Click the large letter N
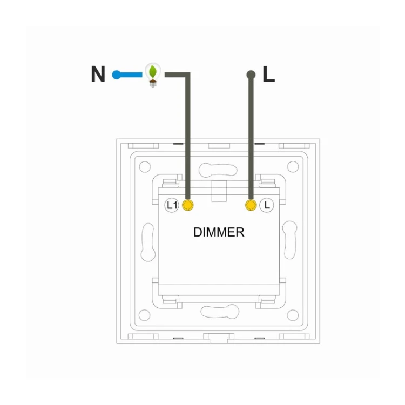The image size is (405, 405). (x=98, y=74)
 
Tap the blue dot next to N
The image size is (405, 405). (x=116, y=75)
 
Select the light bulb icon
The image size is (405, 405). (x=153, y=75)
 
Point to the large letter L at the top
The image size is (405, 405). (x=268, y=74)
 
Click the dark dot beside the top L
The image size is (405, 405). (x=251, y=75)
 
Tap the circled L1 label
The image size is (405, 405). (x=172, y=205)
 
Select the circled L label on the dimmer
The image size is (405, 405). (x=267, y=205)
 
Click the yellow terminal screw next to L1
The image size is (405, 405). (x=188, y=205)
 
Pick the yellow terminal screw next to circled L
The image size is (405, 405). (x=251, y=205)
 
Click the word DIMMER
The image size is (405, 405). (x=219, y=232)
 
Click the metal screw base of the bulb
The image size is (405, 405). (x=153, y=84)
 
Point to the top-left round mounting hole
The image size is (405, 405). (x=145, y=167)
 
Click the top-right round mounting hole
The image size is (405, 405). (x=293, y=167)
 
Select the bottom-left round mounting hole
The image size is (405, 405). (x=145, y=315)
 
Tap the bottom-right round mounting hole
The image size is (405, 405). (x=293, y=315)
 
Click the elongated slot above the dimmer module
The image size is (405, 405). (x=218, y=170)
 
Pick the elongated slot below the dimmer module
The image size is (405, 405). (x=220, y=311)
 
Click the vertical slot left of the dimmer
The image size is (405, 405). (x=148, y=242)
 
